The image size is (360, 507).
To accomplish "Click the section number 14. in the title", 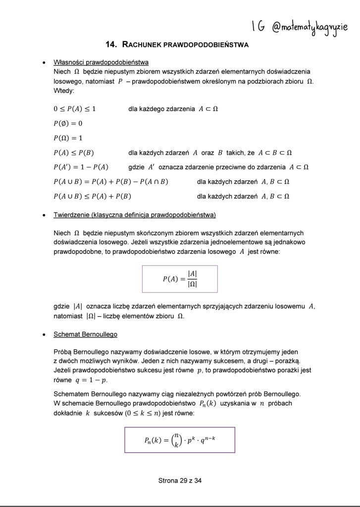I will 111,45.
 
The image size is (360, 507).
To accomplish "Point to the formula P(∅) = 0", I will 68,123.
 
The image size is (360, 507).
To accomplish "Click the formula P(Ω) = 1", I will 68,138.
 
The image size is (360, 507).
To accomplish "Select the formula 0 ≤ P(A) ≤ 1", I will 75,109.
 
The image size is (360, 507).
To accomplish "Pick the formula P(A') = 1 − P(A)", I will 81,167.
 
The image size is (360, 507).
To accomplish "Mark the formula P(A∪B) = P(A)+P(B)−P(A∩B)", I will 111,182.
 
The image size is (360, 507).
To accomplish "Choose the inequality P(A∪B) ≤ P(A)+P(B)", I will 92,196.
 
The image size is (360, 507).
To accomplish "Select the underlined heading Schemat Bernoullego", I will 85,335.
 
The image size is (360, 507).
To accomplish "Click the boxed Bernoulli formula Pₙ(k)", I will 179,440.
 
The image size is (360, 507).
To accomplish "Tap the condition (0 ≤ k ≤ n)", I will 130,412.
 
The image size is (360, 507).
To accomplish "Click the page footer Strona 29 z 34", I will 179,481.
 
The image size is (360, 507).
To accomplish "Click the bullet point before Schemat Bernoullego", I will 44,335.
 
